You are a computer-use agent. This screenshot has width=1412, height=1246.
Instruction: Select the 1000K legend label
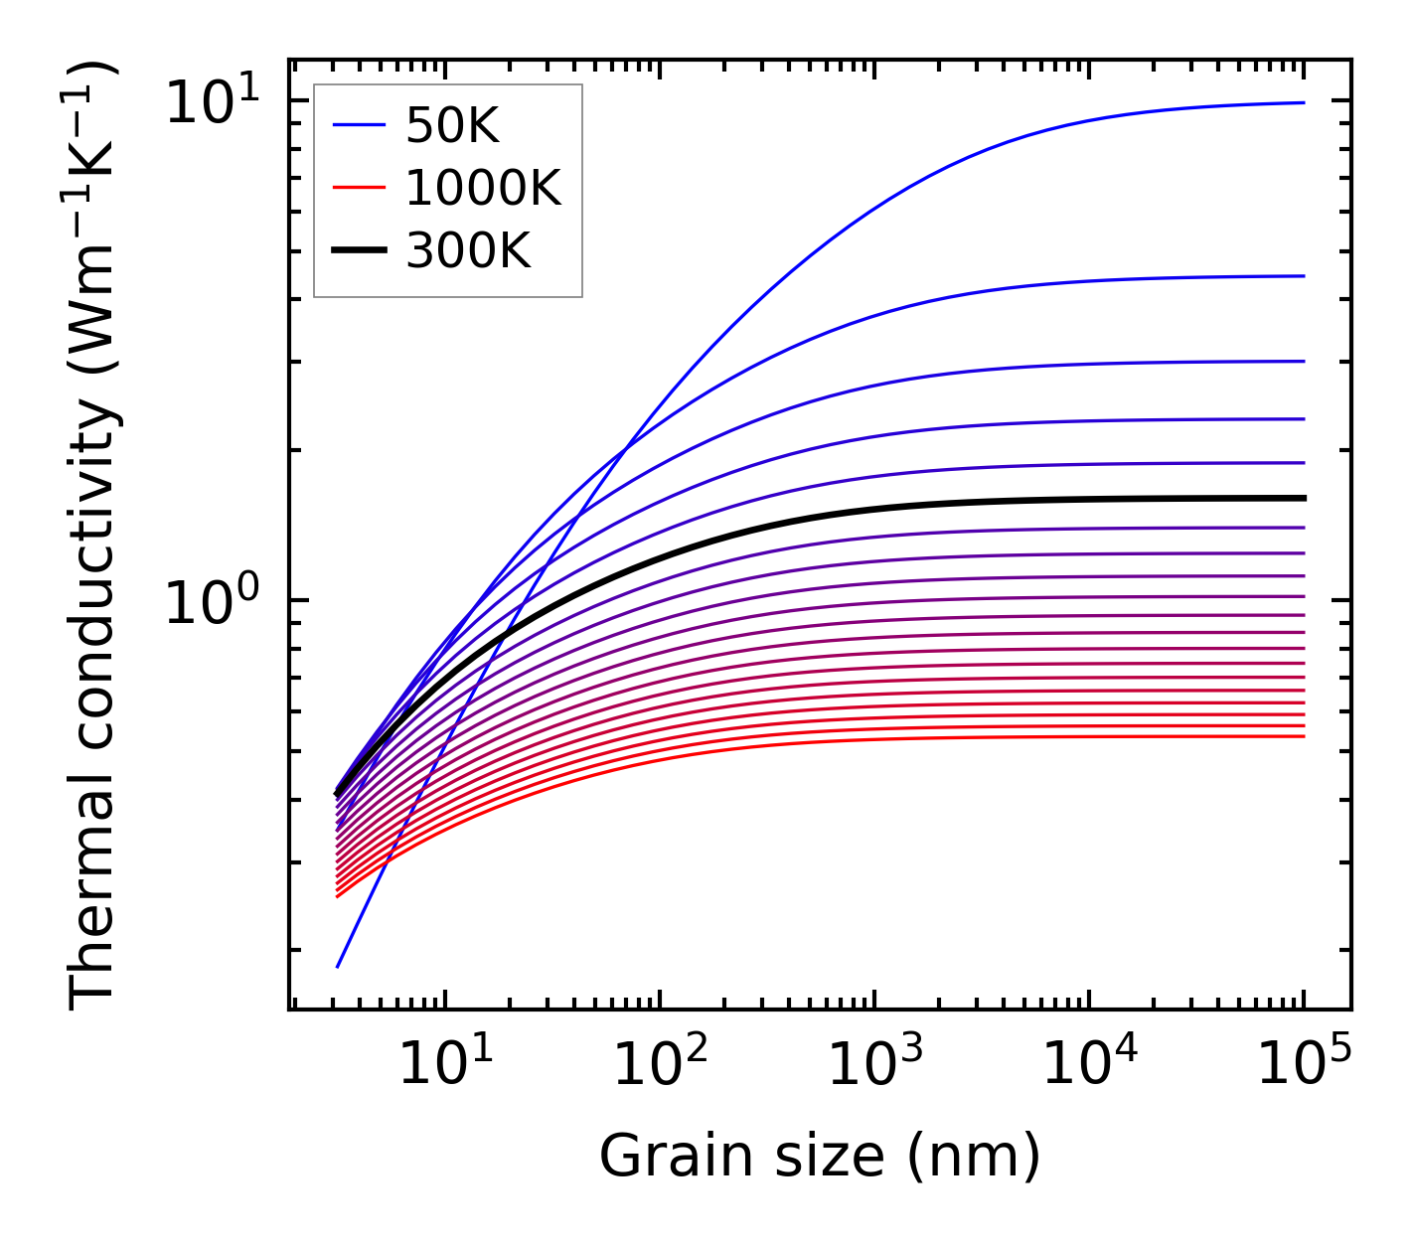pyautogui.click(x=483, y=188)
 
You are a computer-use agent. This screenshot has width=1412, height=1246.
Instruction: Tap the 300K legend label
pyautogui.click(x=468, y=251)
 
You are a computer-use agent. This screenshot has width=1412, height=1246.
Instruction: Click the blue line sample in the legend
pyautogui.click(x=358, y=126)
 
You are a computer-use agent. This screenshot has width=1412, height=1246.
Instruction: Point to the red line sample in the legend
pyautogui.click(x=358, y=188)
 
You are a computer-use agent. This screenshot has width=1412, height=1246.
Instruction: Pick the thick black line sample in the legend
pyautogui.click(x=358, y=251)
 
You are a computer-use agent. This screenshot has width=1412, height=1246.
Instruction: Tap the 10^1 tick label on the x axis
pyautogui.click(x=444, y=1065)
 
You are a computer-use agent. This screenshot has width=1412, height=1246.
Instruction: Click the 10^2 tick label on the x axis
pyautogui.click(x=660, y=1065)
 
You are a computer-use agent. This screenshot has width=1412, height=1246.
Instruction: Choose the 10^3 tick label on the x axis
pyautogui.click(x=874, y=1065)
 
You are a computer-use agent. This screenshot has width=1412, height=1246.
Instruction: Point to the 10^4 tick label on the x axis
pyautogui.click(x=1089, y=1065)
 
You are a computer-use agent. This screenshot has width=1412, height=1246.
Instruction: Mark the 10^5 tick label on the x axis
pyautogui.click(x=1304, y=1065)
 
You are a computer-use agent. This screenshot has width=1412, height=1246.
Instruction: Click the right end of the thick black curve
pyautogui.click(x=1303, y=498)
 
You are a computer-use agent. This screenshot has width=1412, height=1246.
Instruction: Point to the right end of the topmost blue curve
pyautogui.click(x=1303, y=102)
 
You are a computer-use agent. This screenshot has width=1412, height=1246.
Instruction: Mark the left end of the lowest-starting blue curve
pyautogui.click(x=338, y=966)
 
